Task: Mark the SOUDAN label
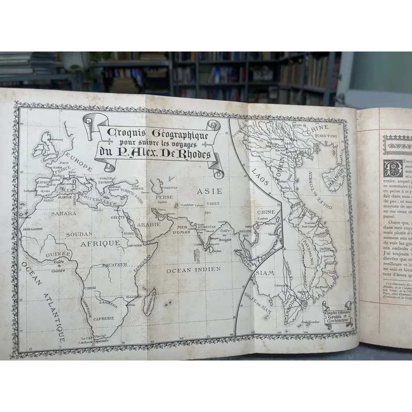point(79,234)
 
